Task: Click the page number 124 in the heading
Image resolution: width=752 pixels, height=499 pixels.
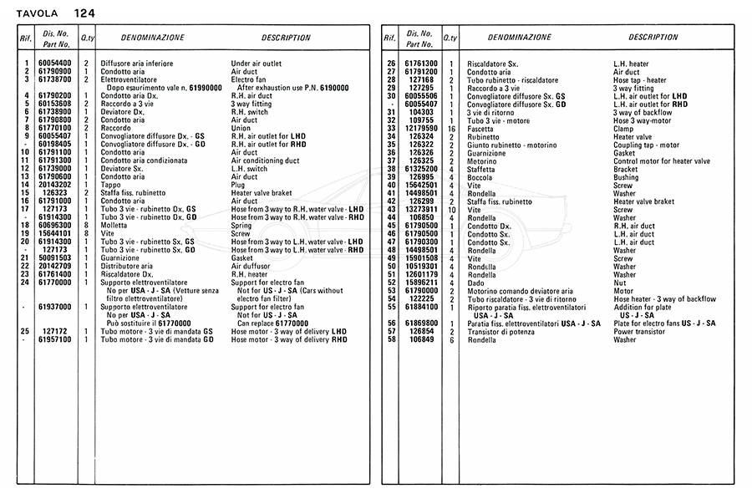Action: tap(84, 13)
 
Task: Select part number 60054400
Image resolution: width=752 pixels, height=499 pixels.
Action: tap(55, 64)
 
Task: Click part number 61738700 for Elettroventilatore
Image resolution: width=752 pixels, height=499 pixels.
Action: tap(55, 79)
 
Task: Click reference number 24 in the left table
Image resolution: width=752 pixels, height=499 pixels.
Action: tap(26, 283)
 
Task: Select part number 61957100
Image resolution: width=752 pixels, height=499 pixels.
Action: tap(55, 340)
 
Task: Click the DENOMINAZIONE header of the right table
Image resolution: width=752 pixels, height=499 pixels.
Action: tap(520, 38)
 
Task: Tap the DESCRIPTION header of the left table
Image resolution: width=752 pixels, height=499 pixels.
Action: tap(286, 38)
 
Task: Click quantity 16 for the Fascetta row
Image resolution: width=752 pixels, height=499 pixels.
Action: tap(451, 130)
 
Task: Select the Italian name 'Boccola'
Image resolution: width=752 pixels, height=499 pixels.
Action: tap(481, 177)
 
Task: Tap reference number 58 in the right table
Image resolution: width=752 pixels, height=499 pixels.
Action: tap(390, 340)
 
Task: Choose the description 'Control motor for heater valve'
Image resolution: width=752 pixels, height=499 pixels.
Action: tap(662, 160)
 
